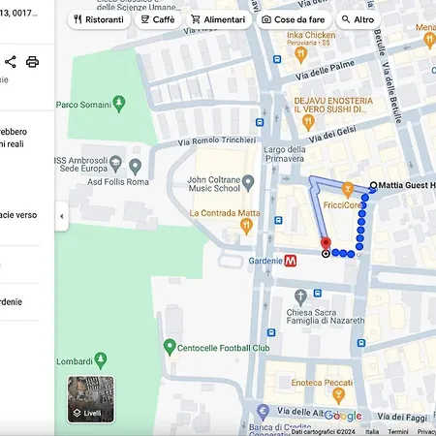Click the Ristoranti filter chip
(x=98, y=19)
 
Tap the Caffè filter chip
(x=158, y=19)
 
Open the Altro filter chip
(x=358, y=19)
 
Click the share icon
(x=11, y=62)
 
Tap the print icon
(x=33, y=62)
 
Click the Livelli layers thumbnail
(x=91, y=399)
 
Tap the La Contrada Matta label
(x=224, y=213)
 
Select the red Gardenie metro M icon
(x=291, y=260)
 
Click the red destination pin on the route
(x=326, y=243)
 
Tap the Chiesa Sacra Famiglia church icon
(x=301, y=295)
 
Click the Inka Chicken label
(x=310, y=37)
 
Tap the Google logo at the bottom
(x=342, y=416)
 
